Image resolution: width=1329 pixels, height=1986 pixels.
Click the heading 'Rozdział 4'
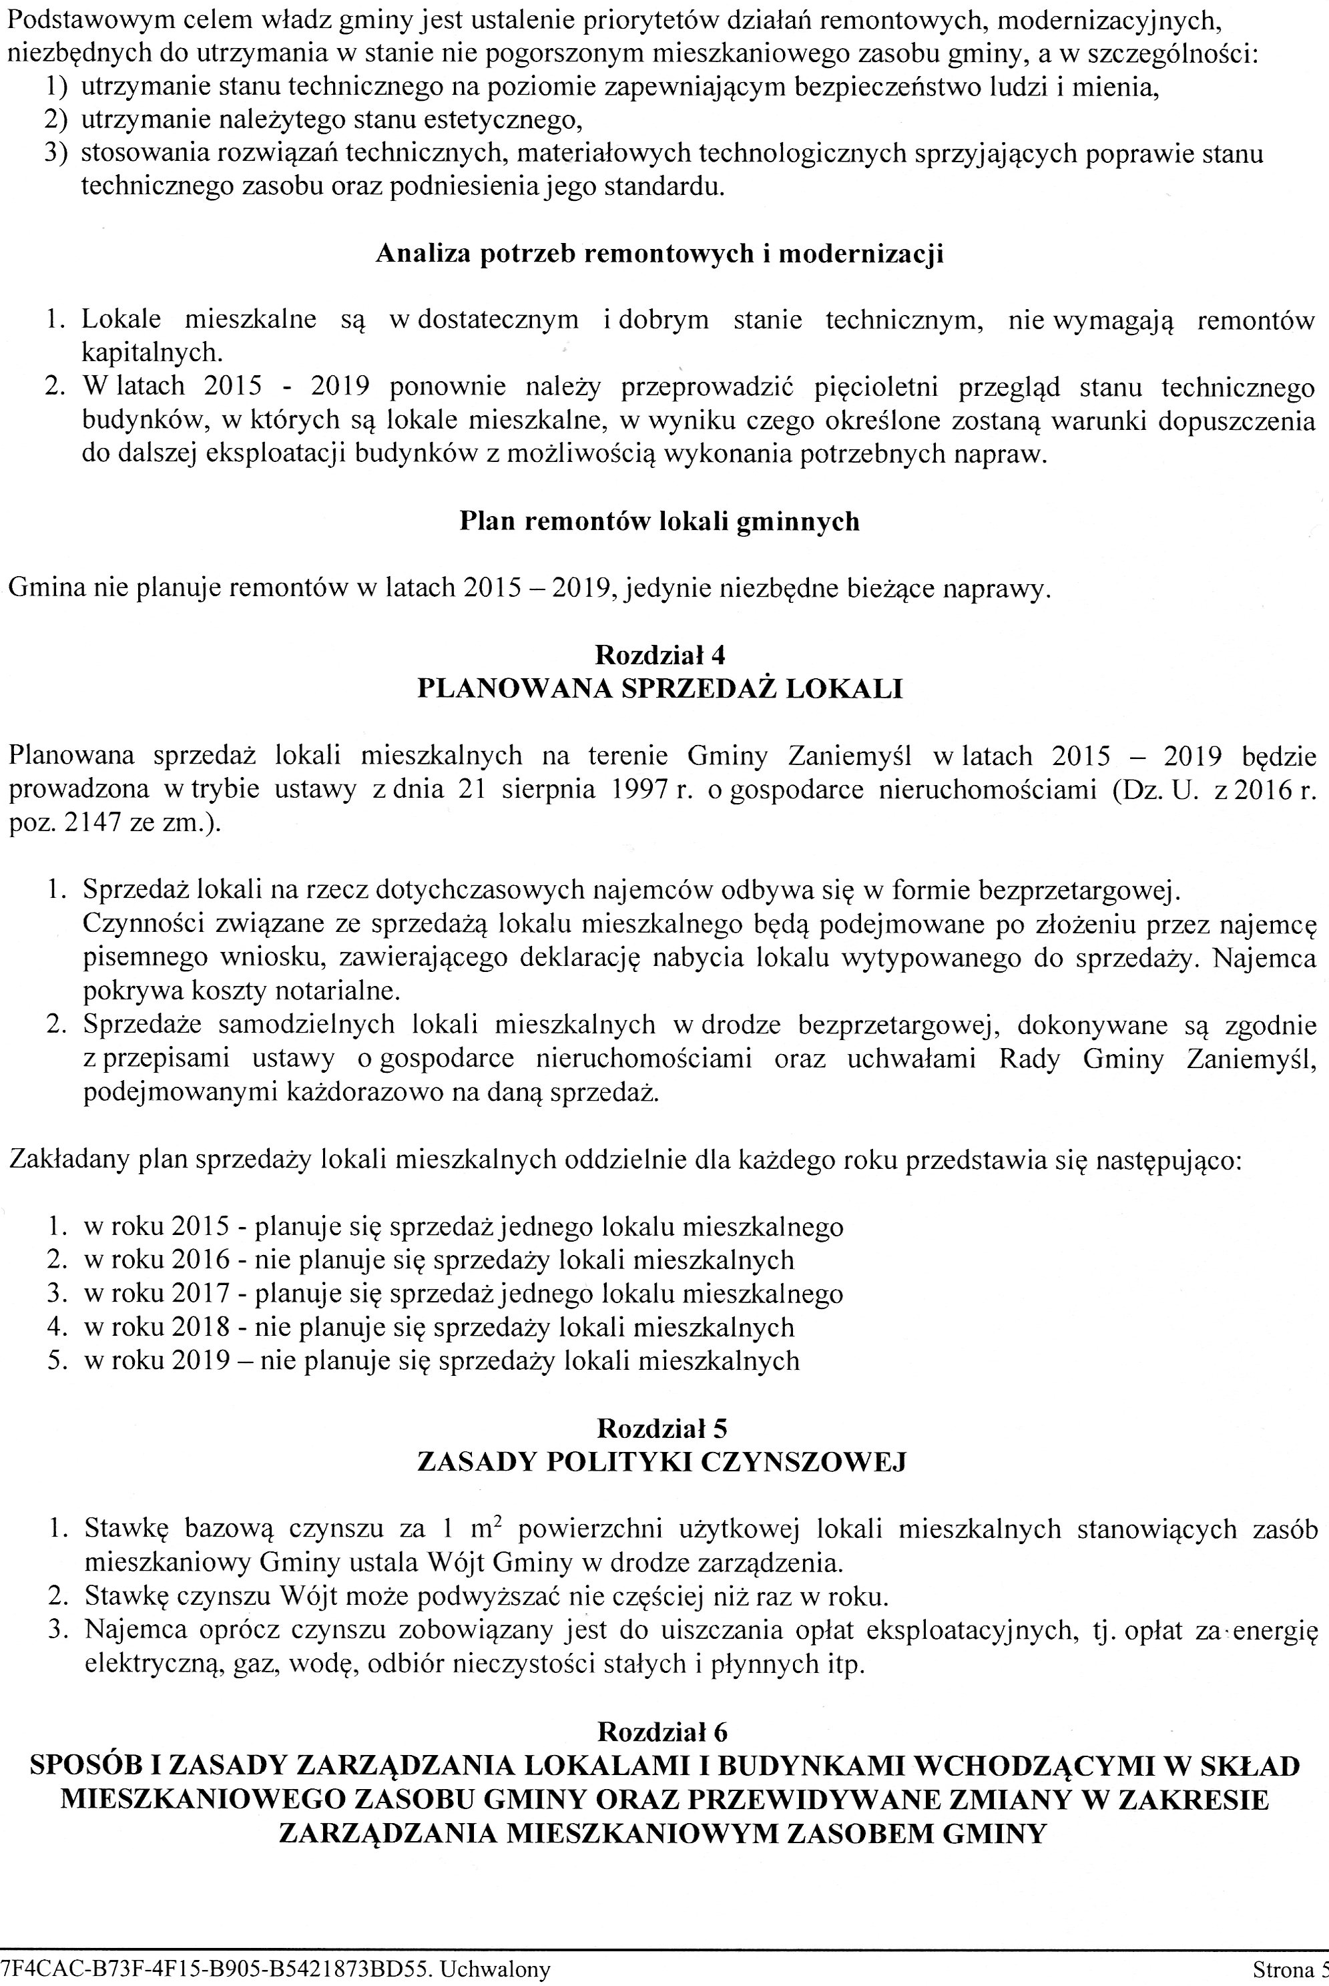click(659, 656)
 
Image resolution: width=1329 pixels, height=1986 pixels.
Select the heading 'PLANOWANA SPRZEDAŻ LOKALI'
click(660, 688)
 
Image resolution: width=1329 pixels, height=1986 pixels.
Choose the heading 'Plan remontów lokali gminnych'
click(659, 521)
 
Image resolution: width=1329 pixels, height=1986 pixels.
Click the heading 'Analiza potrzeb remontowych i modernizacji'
click(659, 254)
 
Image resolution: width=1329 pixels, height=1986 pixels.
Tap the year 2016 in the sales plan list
click(200, 1260)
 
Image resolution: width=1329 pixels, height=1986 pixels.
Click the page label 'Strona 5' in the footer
click(1289, 1967)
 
